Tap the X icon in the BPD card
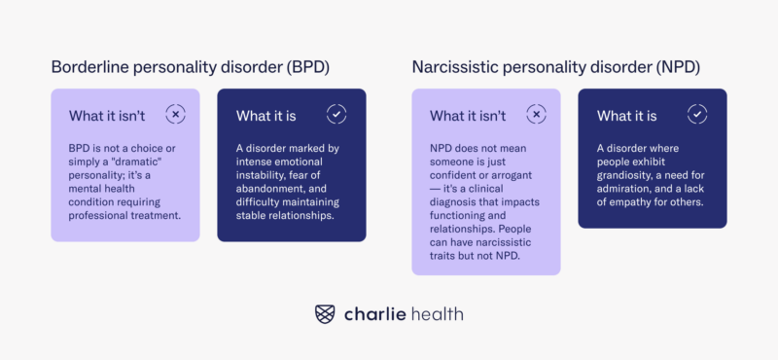click(175, 115)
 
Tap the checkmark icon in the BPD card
click(336, 115)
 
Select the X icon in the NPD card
click(536, 115)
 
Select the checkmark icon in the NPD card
click(697, 115)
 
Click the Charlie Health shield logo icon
click(326, 313)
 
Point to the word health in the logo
click(437, 313)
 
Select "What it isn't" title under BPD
click(107, 116)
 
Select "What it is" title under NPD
click(626, 116)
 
